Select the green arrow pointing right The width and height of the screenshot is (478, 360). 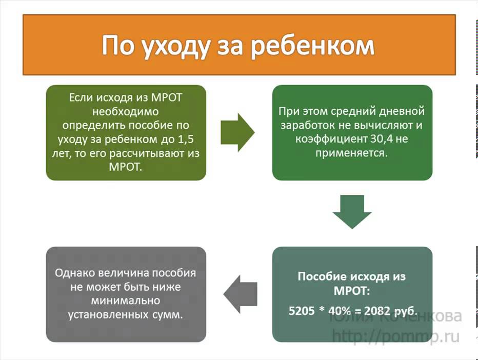(237, 132)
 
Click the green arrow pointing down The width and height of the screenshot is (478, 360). (352, 212)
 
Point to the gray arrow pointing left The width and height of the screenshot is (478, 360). (240, 293)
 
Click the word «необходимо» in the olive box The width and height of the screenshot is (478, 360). (126, 111)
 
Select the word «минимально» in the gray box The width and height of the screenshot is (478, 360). (126, 301)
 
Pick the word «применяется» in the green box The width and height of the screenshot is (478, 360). (351, 153)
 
